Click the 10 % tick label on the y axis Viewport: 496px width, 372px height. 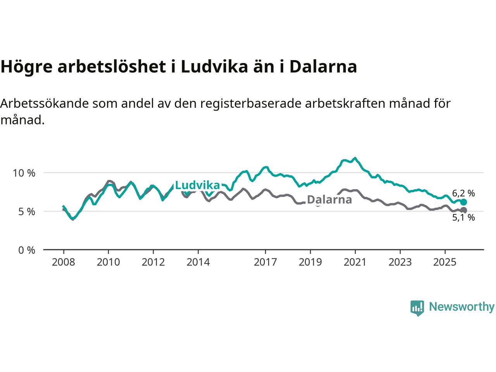point(24,173)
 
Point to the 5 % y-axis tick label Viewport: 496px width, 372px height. point(26,212)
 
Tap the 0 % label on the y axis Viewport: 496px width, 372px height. point(26,250)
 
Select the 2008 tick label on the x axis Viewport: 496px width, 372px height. point(63,262)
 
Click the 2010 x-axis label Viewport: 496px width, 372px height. point(108,262)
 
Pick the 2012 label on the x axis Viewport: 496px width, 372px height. point(153,262)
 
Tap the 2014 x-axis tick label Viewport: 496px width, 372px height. point(198,262)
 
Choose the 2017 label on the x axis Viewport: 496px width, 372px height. point(265,262)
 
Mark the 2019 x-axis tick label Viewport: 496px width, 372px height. point(310,262)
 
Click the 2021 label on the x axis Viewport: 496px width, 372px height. point(355,262)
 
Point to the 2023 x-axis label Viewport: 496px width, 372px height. point(400,262)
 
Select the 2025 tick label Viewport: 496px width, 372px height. point(445,262)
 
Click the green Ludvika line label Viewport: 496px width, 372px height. point(197,185)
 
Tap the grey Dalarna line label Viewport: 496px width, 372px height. point(329,200)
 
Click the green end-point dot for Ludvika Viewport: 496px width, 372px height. point(463,202)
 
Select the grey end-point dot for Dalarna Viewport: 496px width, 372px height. point(463,210)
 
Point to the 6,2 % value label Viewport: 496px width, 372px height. point(463,193)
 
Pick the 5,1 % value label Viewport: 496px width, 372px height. point(463,218)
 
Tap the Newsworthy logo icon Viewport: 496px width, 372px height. point(417,308)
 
